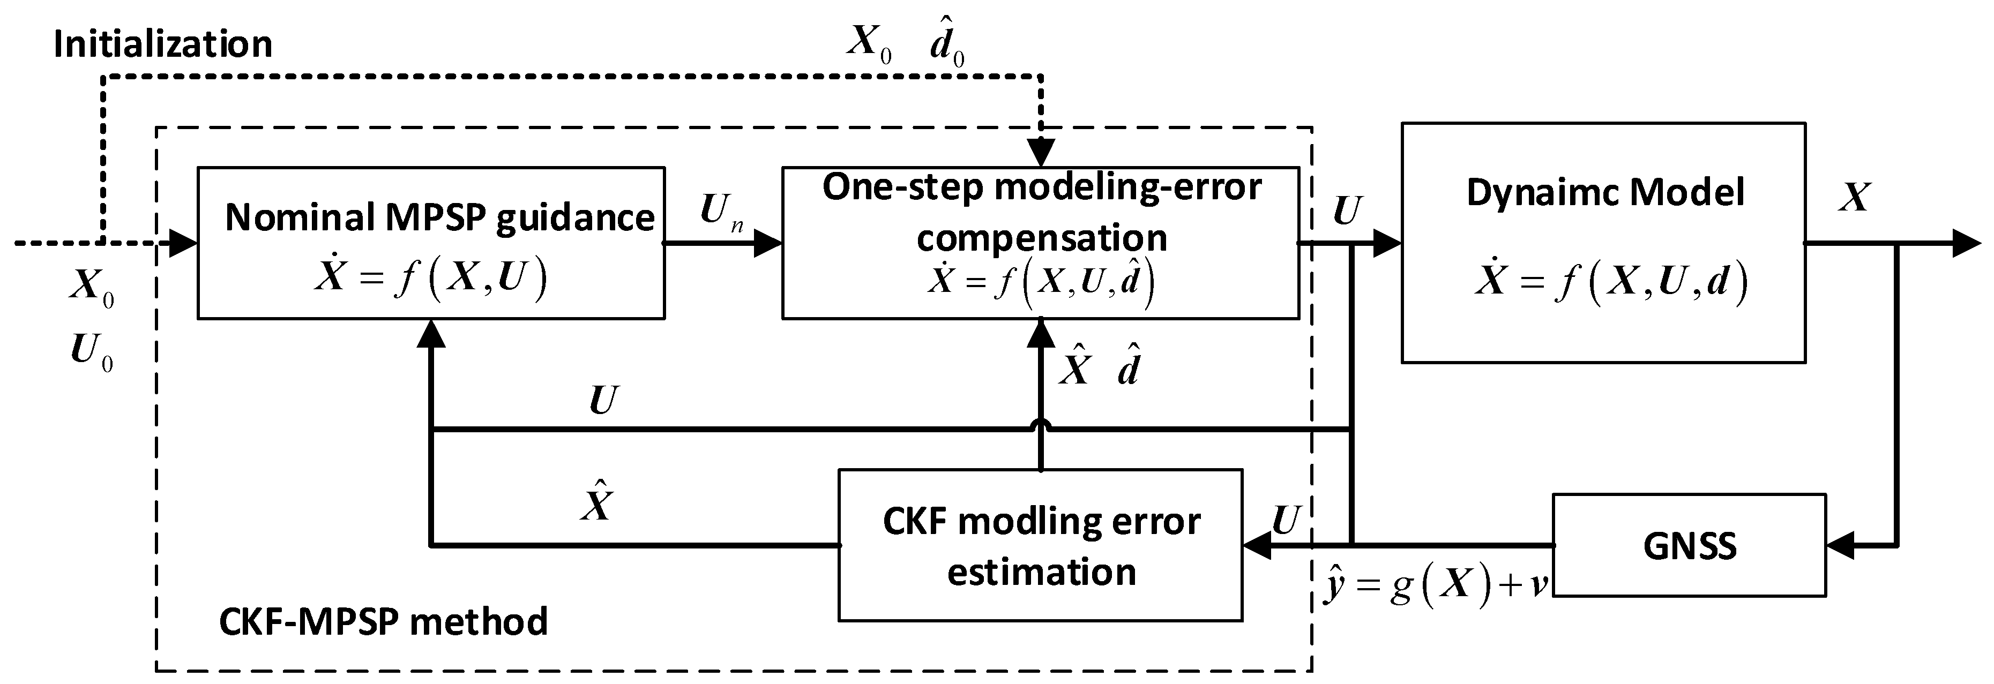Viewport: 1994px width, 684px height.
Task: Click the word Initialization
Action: coord(162,44)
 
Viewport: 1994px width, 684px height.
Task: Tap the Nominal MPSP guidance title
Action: coord(439,217)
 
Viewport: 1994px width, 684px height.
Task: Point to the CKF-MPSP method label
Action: coord(383,621)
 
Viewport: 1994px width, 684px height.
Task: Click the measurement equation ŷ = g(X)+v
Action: coord(1436,586)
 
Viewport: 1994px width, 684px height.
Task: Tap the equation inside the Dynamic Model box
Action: coord(1610,282)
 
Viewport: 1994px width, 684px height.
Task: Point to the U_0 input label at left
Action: coord(91,351)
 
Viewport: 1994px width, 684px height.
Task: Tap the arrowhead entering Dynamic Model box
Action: coord(1387,243)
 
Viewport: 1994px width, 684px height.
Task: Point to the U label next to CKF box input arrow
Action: coord(1285,520)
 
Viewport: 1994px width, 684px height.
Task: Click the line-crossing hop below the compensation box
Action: coord(1041,426)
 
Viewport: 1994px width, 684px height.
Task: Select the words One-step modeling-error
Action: coord(1041,188)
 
